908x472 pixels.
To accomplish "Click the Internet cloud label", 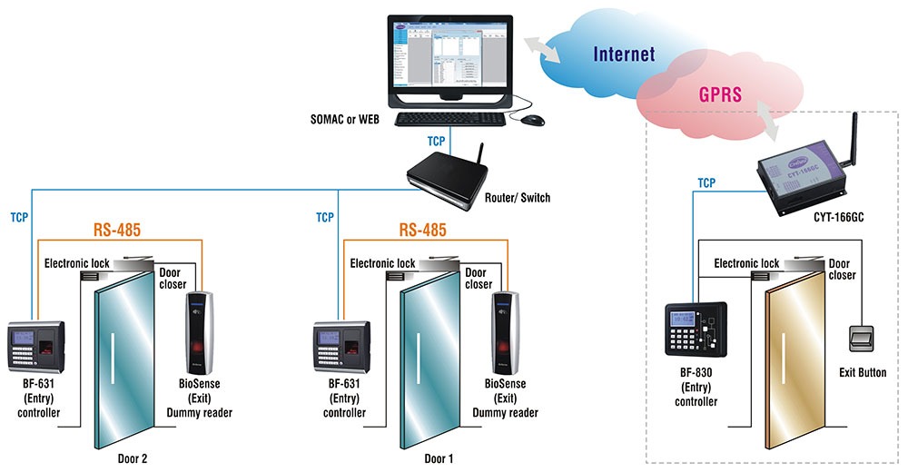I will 624,54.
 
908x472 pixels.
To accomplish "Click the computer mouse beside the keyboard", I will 532,120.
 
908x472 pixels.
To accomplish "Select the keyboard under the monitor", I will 449,119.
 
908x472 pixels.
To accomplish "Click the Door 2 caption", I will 133,457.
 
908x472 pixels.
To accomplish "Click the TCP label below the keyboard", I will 437,142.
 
